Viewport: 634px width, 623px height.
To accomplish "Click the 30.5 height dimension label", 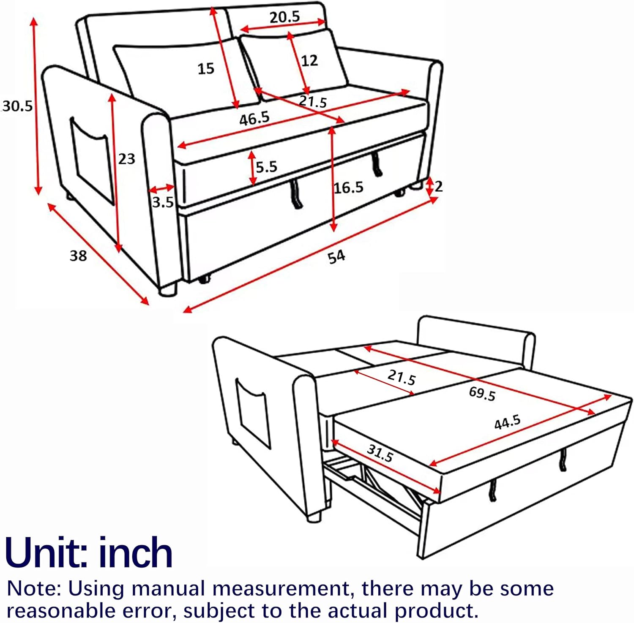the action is [17, 106].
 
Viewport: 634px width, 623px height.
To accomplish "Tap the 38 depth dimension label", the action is [78, 256].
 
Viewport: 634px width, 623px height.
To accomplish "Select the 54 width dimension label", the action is [336, 256].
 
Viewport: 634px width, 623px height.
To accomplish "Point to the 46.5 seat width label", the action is [254, 119].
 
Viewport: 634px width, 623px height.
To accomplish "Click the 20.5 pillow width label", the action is [285, 17].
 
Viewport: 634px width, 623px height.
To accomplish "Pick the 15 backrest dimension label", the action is [206, 68].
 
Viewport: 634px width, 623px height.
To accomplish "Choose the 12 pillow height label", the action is [309, 61].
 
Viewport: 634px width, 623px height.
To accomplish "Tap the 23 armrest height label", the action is [126, 159].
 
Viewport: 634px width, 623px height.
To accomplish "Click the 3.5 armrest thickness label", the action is [163, 202].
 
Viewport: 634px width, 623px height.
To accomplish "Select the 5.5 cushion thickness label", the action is [266, 167].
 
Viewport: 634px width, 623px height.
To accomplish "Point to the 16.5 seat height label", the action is [349, 187].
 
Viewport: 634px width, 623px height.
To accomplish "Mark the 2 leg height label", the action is [439, 186].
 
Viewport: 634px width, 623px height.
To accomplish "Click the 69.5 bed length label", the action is [482, 394].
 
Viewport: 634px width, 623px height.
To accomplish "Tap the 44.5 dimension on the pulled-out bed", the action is [508, 422].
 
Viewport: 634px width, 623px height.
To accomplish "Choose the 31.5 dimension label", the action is [380, 453].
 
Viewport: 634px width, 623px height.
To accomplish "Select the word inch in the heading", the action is [136, 552].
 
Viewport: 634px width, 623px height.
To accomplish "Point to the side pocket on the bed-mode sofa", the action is [253, 414].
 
